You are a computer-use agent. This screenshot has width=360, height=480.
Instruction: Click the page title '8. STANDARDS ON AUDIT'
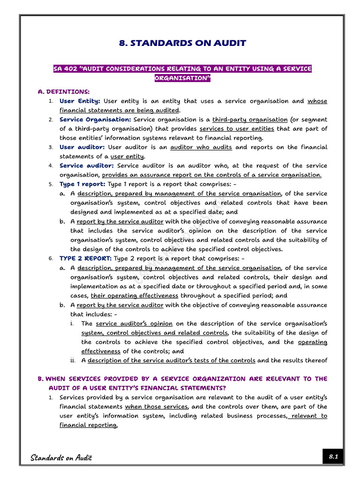(x=183, y=43)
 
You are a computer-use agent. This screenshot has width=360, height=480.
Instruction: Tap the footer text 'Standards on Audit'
(x=61, y=457)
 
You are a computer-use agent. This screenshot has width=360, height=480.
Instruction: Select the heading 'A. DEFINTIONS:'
(x=63, y=92)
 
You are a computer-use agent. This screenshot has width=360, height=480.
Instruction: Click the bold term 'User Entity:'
(x=80, y=101)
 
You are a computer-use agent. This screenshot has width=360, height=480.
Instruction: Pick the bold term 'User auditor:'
(x=82, y=147)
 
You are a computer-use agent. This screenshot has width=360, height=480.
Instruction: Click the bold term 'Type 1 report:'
(x=82, y=184)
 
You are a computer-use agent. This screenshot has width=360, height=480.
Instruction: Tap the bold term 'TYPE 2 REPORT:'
(x=85, y=258)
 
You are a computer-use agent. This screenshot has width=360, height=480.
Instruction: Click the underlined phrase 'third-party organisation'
(x=250, y=120)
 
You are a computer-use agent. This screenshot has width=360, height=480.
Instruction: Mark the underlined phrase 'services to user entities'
(x=237, y=129)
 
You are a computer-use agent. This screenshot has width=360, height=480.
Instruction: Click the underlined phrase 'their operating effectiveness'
(x=135, y=296)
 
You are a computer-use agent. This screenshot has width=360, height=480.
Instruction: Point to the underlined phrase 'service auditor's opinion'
(x=134, y=323)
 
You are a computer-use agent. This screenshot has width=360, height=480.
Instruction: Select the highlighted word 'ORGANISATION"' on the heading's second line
(x=183, y=78)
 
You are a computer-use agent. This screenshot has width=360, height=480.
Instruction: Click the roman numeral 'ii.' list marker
(x=73, y=360)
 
